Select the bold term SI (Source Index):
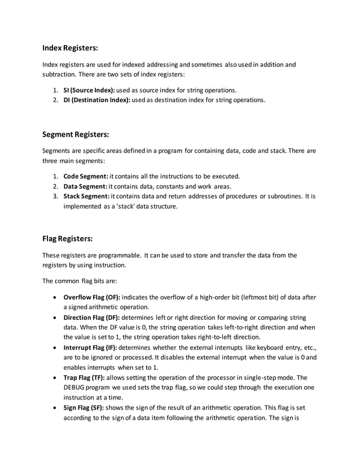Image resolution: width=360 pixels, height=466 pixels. click(x=89, y=90)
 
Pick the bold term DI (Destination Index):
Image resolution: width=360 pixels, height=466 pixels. click(x=96, y=100)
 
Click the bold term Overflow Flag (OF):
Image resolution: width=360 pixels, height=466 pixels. click(x=92, y=297)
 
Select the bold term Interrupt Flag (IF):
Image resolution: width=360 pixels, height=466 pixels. click(x=91, y=348)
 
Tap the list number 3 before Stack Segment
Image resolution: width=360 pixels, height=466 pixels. click(x=55, y=196)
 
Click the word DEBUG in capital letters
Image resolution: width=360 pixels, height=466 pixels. click(x=76, y=389)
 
